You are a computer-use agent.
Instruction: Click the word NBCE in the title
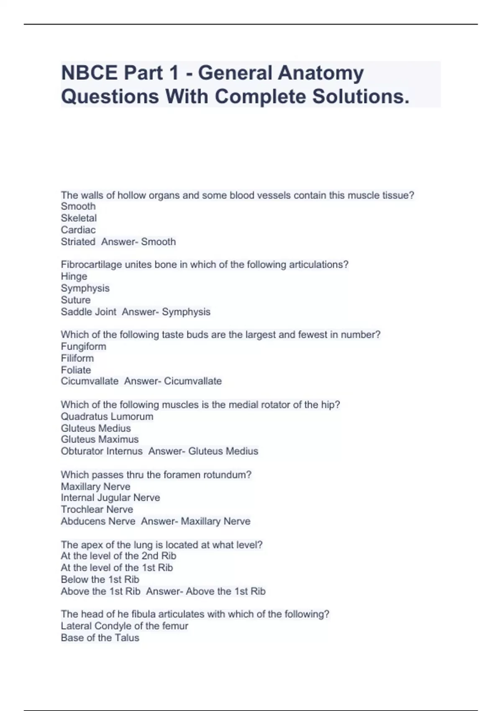click(x=89, y=73)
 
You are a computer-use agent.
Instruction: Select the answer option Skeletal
click(x=79, y=218)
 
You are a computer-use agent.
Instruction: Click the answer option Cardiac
click(x=78, y=230)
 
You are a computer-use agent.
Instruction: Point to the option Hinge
click(x=74, y=276)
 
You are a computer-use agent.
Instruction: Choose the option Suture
click(x=76, y=300)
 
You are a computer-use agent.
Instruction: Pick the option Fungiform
click(x=84, y=346)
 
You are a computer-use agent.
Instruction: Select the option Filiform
click(x=77, y=358)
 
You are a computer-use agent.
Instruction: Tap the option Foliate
click(x=76, y=370)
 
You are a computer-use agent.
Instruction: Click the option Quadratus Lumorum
click(x=107, y=417)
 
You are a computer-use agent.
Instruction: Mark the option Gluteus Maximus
click(x=100, y=439)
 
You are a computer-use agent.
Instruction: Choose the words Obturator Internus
click(x=102, y=451)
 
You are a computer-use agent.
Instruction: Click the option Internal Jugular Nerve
click(x=110, y=498)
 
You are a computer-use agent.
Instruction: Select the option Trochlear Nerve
click(x=97, y=509)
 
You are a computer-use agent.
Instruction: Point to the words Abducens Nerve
click(x=98, y=521)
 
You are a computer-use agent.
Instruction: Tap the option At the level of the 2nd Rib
click(x=118, y=556)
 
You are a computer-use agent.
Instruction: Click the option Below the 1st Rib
click(x=100, y=579)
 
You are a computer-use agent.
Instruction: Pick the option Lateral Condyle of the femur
click(x=124, y=626)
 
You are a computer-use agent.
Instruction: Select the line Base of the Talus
click(x=100, y=637)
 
